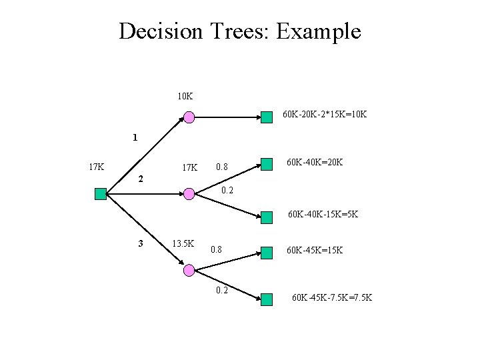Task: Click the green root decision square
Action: pos(101,194)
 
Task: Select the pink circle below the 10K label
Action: pos(189,117)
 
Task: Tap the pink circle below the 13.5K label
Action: pos(189,270)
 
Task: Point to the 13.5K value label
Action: pos(183,243)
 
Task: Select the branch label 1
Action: pos(135,139)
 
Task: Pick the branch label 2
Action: pos(140,179)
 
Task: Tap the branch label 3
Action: pos(140,243)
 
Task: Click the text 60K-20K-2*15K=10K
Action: pos(325,115)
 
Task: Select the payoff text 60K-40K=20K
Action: pos(315,162)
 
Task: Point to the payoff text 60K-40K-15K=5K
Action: pos(323,215)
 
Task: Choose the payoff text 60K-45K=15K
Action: pos(315,250)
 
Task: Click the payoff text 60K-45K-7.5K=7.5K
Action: pos(332,297)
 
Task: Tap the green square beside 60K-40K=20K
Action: pos(267,164)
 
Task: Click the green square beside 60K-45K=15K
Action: pos(267,252)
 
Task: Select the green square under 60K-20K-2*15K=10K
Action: pos(267,117)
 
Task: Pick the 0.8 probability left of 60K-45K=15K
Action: pos(216,250)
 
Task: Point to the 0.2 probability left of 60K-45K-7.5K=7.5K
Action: pos(222,290)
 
